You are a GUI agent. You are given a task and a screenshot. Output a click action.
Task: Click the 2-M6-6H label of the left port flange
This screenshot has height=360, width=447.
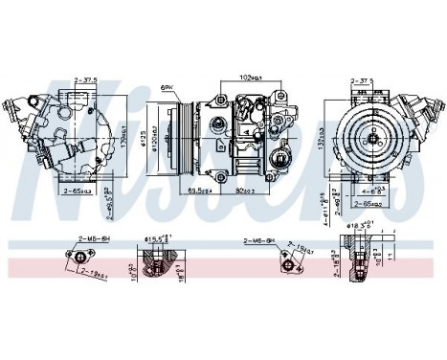(92, 243)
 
